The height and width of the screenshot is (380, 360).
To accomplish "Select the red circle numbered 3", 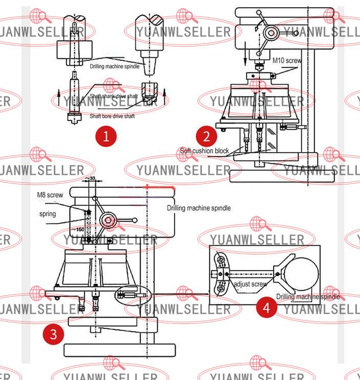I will [x=53, y=335].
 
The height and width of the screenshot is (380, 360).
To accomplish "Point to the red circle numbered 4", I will [x=267, y=307].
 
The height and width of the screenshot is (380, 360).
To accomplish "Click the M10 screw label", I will [x=286, y=60].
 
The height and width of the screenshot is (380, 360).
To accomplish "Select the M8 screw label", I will [x=50, y=195].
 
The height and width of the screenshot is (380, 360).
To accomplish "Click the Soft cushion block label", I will [x=204, y=151].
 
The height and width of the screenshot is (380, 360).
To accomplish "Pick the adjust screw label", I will [x=250, y=284].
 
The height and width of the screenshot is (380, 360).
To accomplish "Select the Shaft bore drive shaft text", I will [x=112, y=116].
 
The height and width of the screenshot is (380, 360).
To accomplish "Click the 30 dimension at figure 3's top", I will [x=92, y=178].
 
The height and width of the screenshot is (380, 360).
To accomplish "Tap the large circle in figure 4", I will [x=302, y=271].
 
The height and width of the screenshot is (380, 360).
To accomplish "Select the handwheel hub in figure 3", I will [x=108, y=221].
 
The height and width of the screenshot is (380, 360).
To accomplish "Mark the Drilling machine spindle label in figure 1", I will [x=114, y=66].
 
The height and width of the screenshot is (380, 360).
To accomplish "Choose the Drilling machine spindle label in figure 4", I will [x=307, y=296].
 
